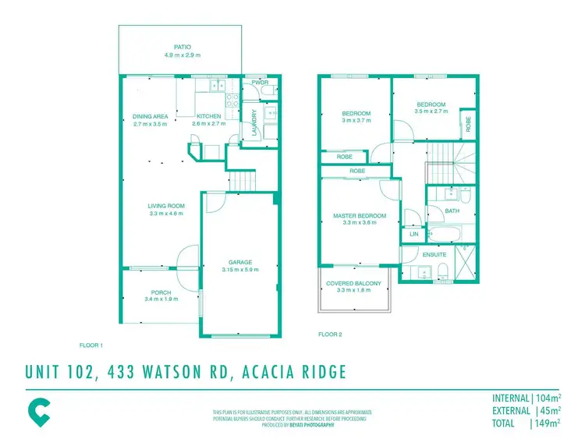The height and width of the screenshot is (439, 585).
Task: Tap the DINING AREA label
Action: [151, 117]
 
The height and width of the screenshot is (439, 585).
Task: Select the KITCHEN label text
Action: [208, 117]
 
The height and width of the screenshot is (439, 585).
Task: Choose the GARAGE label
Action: [239, 263]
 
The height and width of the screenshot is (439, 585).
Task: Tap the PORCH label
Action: [161, 292]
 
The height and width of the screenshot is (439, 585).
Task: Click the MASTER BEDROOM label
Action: [360, 215]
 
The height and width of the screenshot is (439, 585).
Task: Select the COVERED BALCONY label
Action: [354, 284]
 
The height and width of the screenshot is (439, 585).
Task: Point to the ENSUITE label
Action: [434, 254]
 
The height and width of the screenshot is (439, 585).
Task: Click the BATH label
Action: [452, 211]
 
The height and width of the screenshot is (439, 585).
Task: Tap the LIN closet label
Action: [413, 234]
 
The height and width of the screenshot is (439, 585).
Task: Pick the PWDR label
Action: [260, 82]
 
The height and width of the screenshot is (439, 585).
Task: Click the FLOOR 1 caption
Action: [91, 345]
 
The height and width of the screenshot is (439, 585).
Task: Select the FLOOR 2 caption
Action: [330, 335]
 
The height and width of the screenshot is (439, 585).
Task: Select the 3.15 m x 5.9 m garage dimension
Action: [239, 270]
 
